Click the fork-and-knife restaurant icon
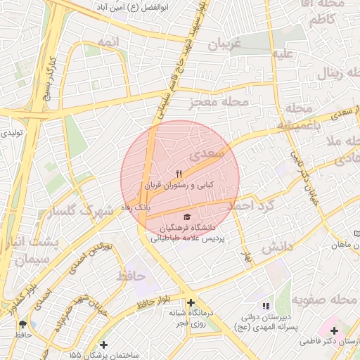point(179,173)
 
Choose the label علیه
point(283,53)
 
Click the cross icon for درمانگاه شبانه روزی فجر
point(191,303)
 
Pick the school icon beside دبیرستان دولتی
point(265,306)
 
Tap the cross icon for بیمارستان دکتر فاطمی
point(334,330)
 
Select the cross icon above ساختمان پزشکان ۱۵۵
point(104,345)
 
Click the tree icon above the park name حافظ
point(24,324)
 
